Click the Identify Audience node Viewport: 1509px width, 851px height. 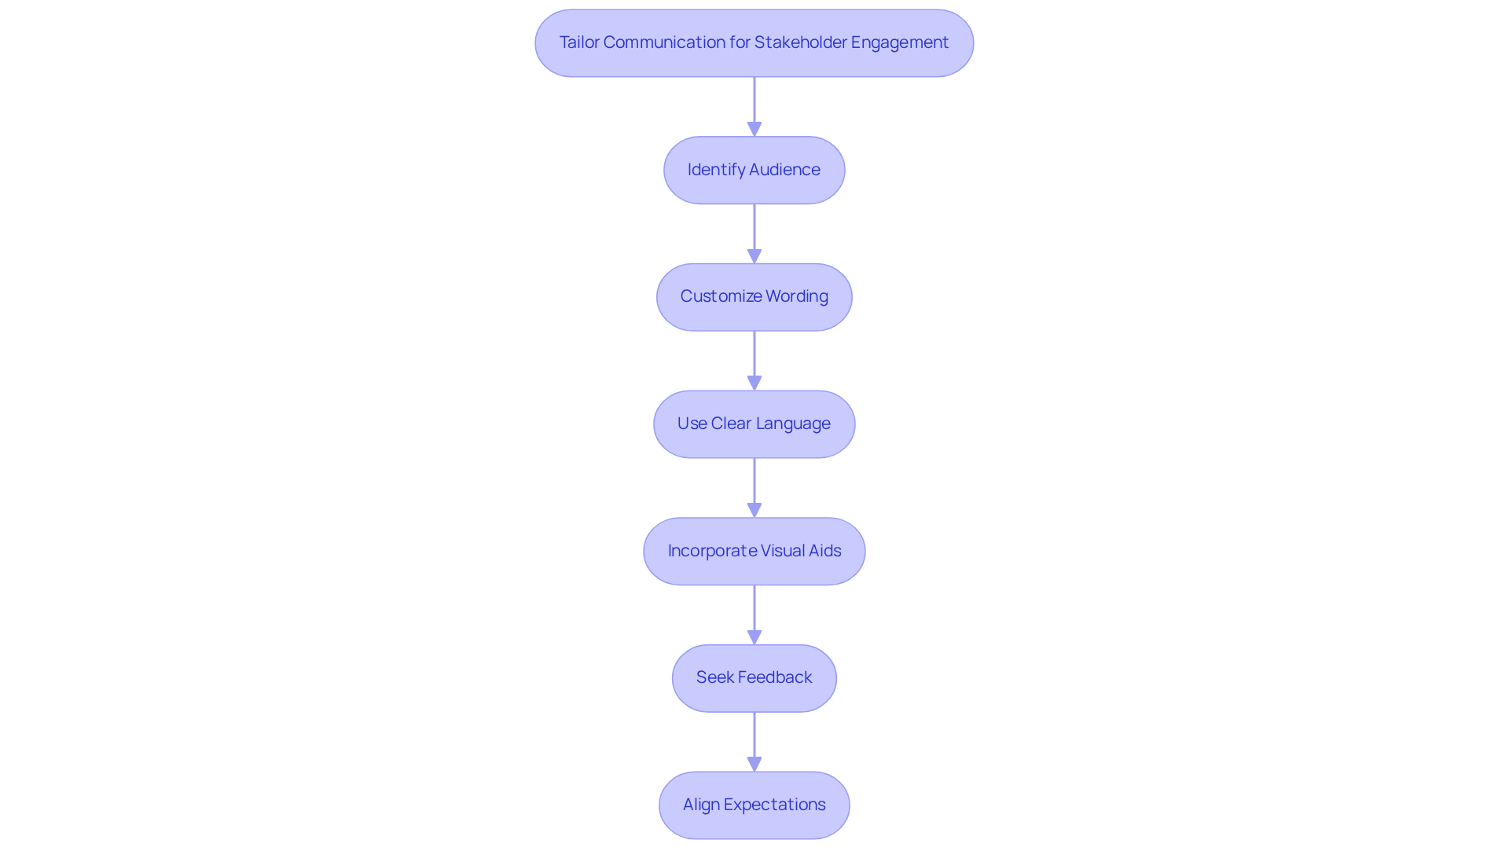(x=754, y=170)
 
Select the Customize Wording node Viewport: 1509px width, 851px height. (x=754, y=297)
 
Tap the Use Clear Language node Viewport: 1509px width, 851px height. (x=754, y=424)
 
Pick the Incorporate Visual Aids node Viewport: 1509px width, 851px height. (x=754, y=551)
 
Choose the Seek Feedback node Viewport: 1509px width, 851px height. (x=754, y=678)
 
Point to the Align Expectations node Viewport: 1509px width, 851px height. (x=754, y=805)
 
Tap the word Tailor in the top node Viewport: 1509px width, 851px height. (x=579, y=42)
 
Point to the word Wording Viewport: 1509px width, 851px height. (x=797, y=296)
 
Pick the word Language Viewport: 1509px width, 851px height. (x=793, y=424)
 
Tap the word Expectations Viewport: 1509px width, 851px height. (x=774, y=805)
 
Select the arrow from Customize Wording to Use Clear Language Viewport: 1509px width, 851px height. (x=754, y=358)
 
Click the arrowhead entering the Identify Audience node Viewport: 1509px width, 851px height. (x=754, y=129)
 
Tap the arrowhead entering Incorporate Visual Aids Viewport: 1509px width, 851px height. (x=754, y=510)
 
